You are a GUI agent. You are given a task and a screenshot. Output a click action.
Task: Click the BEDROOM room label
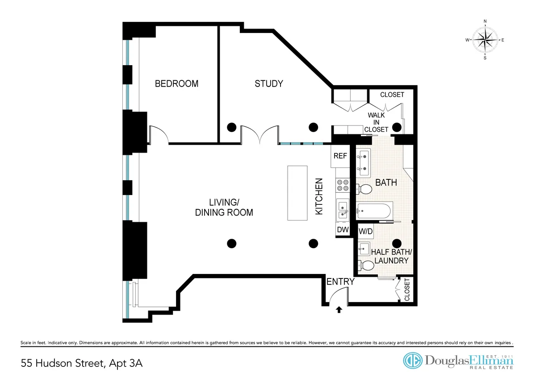[176, 83]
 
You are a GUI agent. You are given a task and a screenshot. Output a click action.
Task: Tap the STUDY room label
[268, 83]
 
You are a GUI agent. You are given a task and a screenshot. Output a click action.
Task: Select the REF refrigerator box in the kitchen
[340, 156]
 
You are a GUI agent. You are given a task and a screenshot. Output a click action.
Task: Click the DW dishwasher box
[342, 230]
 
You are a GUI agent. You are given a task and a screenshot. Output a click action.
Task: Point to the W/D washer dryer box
[366, 231]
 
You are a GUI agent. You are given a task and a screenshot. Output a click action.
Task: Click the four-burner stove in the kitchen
[343, 186]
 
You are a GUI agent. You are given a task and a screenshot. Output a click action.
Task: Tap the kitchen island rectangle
[297, 192]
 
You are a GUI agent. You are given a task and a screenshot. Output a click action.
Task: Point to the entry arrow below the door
[339, 309]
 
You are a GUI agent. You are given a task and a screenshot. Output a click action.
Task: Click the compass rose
[485, 40]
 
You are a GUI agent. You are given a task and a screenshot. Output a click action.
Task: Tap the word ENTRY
[340, 282]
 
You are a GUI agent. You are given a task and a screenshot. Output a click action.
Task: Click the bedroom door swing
[159, 135]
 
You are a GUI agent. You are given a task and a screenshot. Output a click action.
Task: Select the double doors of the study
[260, 134]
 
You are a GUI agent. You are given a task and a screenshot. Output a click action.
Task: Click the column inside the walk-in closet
[397, 126]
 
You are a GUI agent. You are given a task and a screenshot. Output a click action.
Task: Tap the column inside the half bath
[396, 243]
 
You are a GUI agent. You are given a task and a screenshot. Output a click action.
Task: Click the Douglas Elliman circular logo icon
[413, 361]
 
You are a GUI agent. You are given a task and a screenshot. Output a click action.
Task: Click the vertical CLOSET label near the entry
[407, 291]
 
